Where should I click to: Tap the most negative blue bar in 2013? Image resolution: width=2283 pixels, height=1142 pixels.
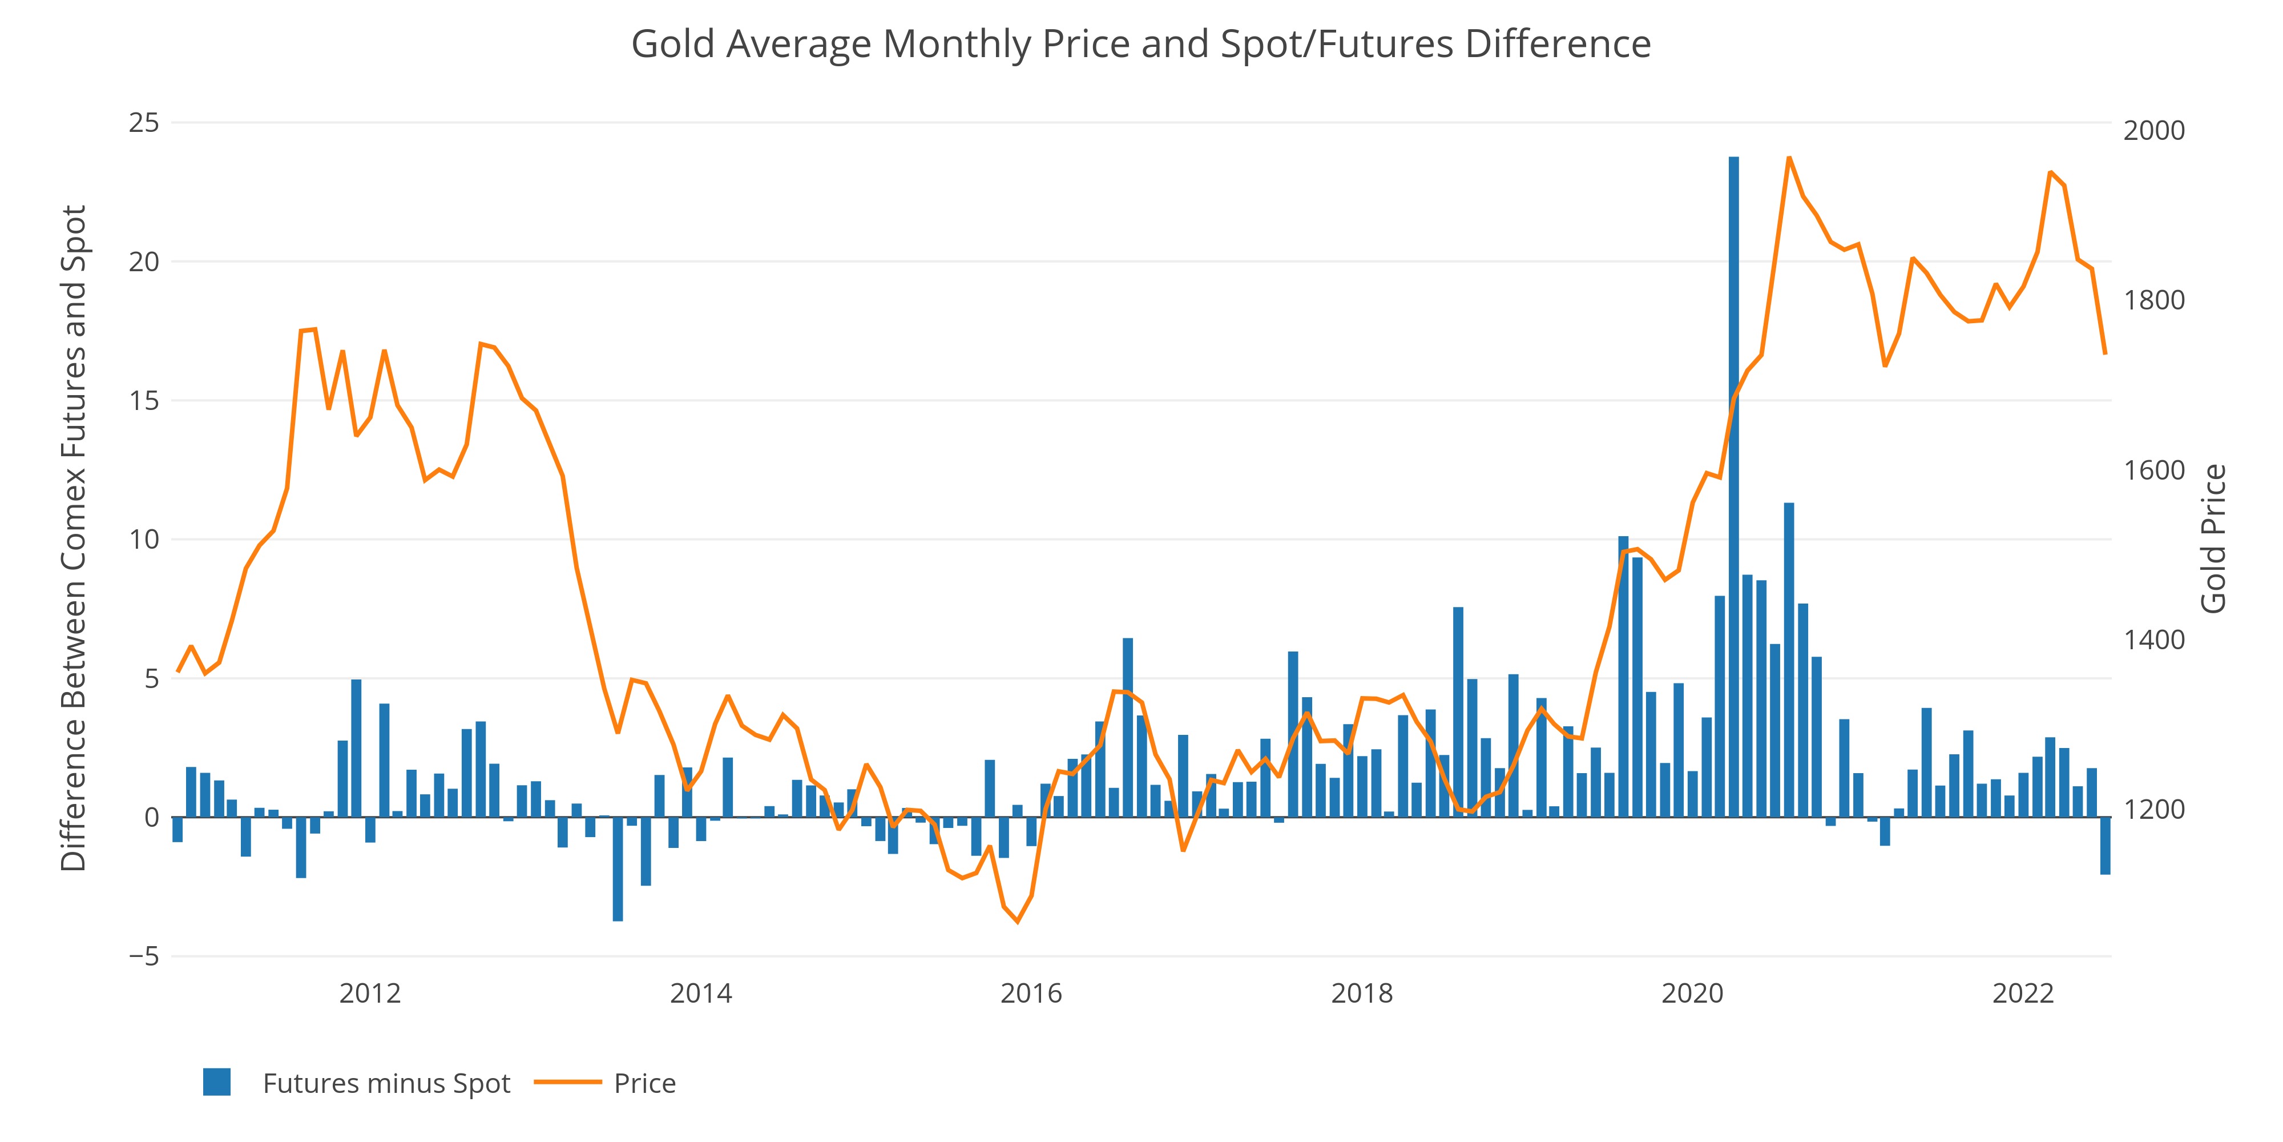[618, 869]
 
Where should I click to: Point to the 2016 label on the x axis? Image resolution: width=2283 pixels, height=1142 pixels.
[1031, 993]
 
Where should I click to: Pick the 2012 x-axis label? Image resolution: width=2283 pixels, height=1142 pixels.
[370, 993]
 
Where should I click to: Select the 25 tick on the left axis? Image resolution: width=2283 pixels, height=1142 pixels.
[144, 122]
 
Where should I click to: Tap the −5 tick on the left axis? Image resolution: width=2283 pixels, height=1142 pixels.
[144, 956]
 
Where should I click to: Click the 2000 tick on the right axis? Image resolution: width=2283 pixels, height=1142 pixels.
[2153, 130]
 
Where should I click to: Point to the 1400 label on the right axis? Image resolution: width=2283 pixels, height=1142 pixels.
[2153, 640]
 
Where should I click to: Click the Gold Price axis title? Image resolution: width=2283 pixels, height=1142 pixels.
[2213, 538]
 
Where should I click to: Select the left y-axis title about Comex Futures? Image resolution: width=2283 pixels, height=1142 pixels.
[74, 538]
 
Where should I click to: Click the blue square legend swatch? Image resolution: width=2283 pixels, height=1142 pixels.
[217, 1083]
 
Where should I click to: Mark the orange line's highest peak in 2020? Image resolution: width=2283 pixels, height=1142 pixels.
[1789, 158]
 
